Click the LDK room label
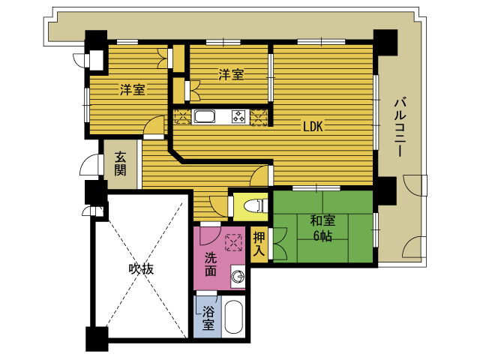(x=313, y=126)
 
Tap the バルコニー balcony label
(x=400, y=127)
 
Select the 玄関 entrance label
(x=120, y=163)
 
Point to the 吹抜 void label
(x=141, y=269)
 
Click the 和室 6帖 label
(x=322, y=228)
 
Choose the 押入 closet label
(x=259, y=244)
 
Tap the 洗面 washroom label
(x=211, y=264)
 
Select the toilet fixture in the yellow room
(x=256, y=206)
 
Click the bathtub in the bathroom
(x=233, y=317)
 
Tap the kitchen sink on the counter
(x=203, y=117)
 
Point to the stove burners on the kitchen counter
(x=238, y=117)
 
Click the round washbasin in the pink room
(x=237, y=277)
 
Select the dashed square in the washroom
(x=233, y=243)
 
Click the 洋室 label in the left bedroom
(x=132, y=89)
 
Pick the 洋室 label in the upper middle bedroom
(x=231, y=74)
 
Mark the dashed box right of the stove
(x=259, y=117)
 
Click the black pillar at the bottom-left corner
(x=97, y=339)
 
